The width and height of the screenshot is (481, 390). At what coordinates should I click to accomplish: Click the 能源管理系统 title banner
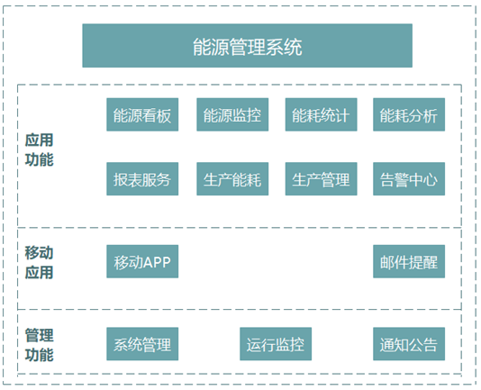tap(247, 46)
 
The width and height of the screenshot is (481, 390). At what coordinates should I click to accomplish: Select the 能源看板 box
tap(142, 114)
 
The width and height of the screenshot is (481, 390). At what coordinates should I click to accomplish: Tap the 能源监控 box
tap(232, 114)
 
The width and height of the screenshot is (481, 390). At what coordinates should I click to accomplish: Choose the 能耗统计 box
tap(322, 114)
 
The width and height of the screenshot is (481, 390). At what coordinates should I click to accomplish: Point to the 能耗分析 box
tap(409, 114)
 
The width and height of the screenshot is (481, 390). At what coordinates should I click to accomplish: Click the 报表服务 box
tap(142, 179)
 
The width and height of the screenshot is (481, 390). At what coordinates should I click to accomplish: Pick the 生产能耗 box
tap(232, 179)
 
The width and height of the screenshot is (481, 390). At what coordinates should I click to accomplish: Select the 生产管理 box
tap(322, 179)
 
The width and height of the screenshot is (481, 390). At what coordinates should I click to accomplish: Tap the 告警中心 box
tap(409, 179)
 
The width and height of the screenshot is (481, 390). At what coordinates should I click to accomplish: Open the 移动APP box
tap(142, 261)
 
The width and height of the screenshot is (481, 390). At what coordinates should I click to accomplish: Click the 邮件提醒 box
tap(409, 261)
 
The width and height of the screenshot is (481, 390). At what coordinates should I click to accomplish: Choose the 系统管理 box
tap(142, 344)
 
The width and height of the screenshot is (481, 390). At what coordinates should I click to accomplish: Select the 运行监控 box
tap(276, 344)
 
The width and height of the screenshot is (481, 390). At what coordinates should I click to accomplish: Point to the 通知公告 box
tap(409, 344)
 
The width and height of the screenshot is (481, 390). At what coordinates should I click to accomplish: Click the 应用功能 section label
tap(40, 150)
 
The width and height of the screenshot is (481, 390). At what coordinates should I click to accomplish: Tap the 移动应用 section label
tap(40, 263)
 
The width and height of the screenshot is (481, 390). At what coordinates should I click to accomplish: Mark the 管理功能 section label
tap(40, 345)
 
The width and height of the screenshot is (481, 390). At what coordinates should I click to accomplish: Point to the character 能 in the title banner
tap(202, 47)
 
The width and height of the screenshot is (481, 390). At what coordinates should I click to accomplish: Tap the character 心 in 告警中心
tap(430, 180)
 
